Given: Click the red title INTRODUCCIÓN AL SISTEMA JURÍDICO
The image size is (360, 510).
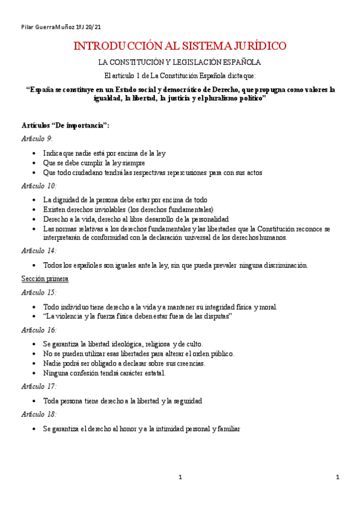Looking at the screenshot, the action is click(180, 46).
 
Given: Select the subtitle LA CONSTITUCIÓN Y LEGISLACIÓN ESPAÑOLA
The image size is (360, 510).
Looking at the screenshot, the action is click(180, 63).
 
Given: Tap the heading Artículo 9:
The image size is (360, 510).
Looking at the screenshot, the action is click(37, 138).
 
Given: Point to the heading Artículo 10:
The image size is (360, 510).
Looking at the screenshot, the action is click(38, 185).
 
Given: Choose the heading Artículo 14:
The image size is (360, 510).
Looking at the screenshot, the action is click(38, 250).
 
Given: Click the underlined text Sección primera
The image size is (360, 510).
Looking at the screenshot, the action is click(44, 278).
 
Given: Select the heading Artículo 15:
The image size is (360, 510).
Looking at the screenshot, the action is click(38, 292).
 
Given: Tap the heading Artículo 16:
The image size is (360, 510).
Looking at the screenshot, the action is click(38, 330).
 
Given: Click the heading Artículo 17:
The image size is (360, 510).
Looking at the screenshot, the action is click(38, 386).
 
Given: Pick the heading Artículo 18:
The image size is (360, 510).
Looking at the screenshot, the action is click(38, 414).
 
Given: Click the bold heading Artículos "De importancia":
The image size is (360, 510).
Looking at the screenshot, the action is click(65, 125).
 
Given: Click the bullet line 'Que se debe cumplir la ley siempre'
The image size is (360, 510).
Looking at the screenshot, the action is click(94, 162).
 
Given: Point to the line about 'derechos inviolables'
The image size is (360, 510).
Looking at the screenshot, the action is click(128, 209).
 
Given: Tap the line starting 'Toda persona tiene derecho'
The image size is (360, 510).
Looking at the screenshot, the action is click(123, 400).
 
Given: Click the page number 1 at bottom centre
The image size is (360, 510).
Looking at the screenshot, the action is click(180, 478).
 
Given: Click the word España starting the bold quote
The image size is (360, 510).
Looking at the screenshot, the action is click(44, 90).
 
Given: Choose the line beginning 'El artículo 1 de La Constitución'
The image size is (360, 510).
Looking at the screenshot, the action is click(180, 76).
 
